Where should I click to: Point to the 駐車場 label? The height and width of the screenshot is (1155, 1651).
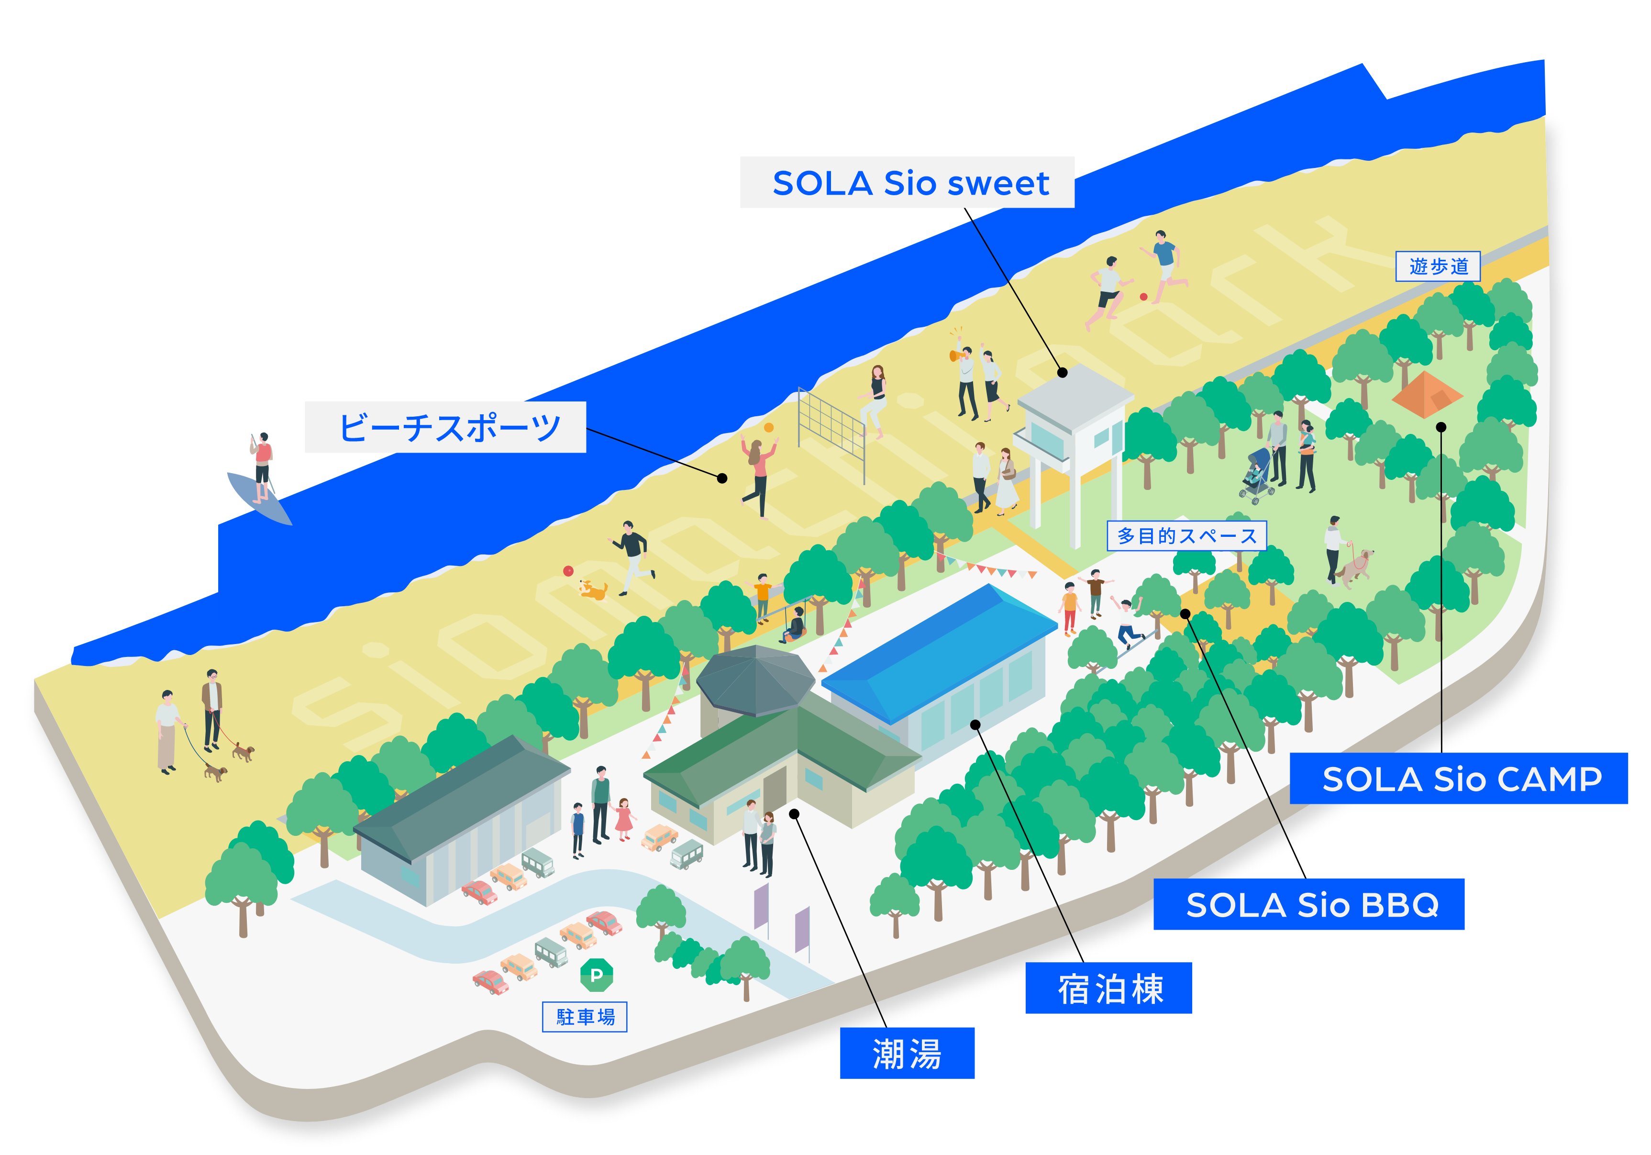(x=585, y=1016)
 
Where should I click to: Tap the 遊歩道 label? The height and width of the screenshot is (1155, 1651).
(x=1438, y=266)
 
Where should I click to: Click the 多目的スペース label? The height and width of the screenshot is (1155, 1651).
(x=1186, y=536)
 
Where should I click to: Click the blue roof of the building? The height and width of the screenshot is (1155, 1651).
(x=942, y=647)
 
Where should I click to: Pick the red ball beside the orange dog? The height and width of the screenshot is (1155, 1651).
(x=568, y=571)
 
